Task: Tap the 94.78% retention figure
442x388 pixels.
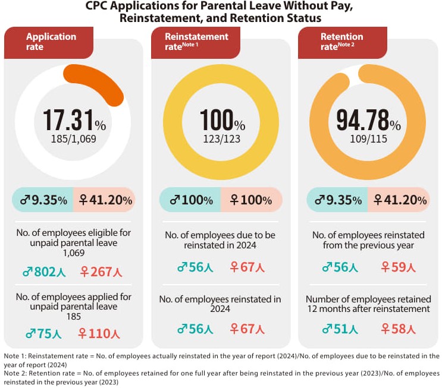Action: coord(368,120)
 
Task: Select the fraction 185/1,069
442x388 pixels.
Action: coord(74,140)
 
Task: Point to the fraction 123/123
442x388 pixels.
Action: coord(221,140)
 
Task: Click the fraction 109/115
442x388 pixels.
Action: coord(368,140)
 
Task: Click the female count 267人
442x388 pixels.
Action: coord(101,272)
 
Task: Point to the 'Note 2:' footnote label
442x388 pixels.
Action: coord(17,373)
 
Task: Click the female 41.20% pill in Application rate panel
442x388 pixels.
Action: coord(104,200)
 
